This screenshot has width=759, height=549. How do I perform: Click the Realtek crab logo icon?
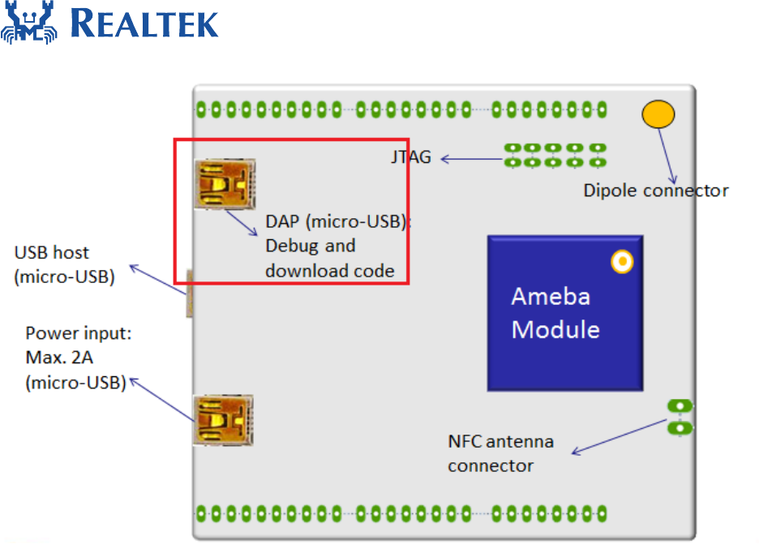pyautogui.click(x=29, y=22)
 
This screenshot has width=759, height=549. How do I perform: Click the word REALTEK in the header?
pyautogui.click(x=144, y=24)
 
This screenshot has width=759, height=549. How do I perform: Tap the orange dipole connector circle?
pyautogui.click(x=658, y=114)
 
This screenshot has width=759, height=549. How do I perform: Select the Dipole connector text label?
pyautogui.click(x=655, y=191)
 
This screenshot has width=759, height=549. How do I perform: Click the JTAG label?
pyautogui.click(x=411, y=157)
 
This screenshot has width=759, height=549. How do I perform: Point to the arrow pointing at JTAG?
pyautogui.click(x=472, y=159)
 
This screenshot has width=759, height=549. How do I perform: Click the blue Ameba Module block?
pyautogui.click(x=565, y=313)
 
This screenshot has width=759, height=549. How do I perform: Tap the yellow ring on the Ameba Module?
pyautogui.click(x=622, y=261)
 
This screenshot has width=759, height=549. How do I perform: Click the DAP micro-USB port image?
pyautogui.click(x=225, y=184)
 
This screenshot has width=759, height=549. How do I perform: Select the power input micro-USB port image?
pyautogui.click(x=223, y=420)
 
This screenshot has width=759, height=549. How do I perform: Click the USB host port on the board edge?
pyautogui.click(x=189, y=294)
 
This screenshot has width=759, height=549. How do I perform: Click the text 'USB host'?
pyautogui.click(x=52, y=252)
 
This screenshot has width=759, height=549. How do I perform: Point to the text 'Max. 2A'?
pyautogui.click(x=59, y=358)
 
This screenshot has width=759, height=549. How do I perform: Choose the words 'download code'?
pyautogui.click(x=330, y=271)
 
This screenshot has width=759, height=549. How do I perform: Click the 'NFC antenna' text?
pyautogui.click(x=500, y=441)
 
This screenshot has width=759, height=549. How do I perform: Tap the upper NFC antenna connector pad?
pyautogui.click(x=680, y=405)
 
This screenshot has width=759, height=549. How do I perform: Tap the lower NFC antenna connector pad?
pyautogui.click(x=680, y=428)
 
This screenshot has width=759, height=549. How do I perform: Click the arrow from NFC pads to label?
pyautogui.click(x=620, y=436)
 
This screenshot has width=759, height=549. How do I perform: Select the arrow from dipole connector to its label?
pyautogui.click(x=667, y=156)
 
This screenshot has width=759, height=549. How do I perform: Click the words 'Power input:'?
pyautogui.click(x=79, y=333)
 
